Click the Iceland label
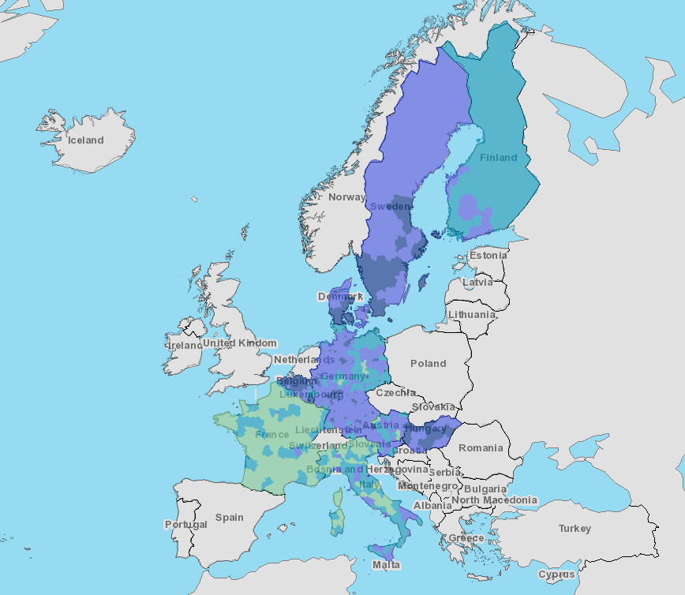pos(85,140)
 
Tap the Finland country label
pos(499,158)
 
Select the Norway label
pos(346,197)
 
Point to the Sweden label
pos(390,207)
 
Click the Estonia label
pos(488,256)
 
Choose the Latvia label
pos(477,282)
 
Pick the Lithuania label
pos(472,314)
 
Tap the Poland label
pos(428,364)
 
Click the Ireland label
pos(185,346)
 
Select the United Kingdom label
pos(240,343)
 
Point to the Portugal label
pos(186,525)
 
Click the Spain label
pos(230,518)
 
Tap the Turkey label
pos(575,529)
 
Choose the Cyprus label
pos(557,574)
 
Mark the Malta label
pos(386,565)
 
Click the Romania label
pos(481,448)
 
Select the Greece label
pos(466,538)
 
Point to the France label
pos(272,435)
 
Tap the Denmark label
pos(340,297)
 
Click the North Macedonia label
pos(494,500)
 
